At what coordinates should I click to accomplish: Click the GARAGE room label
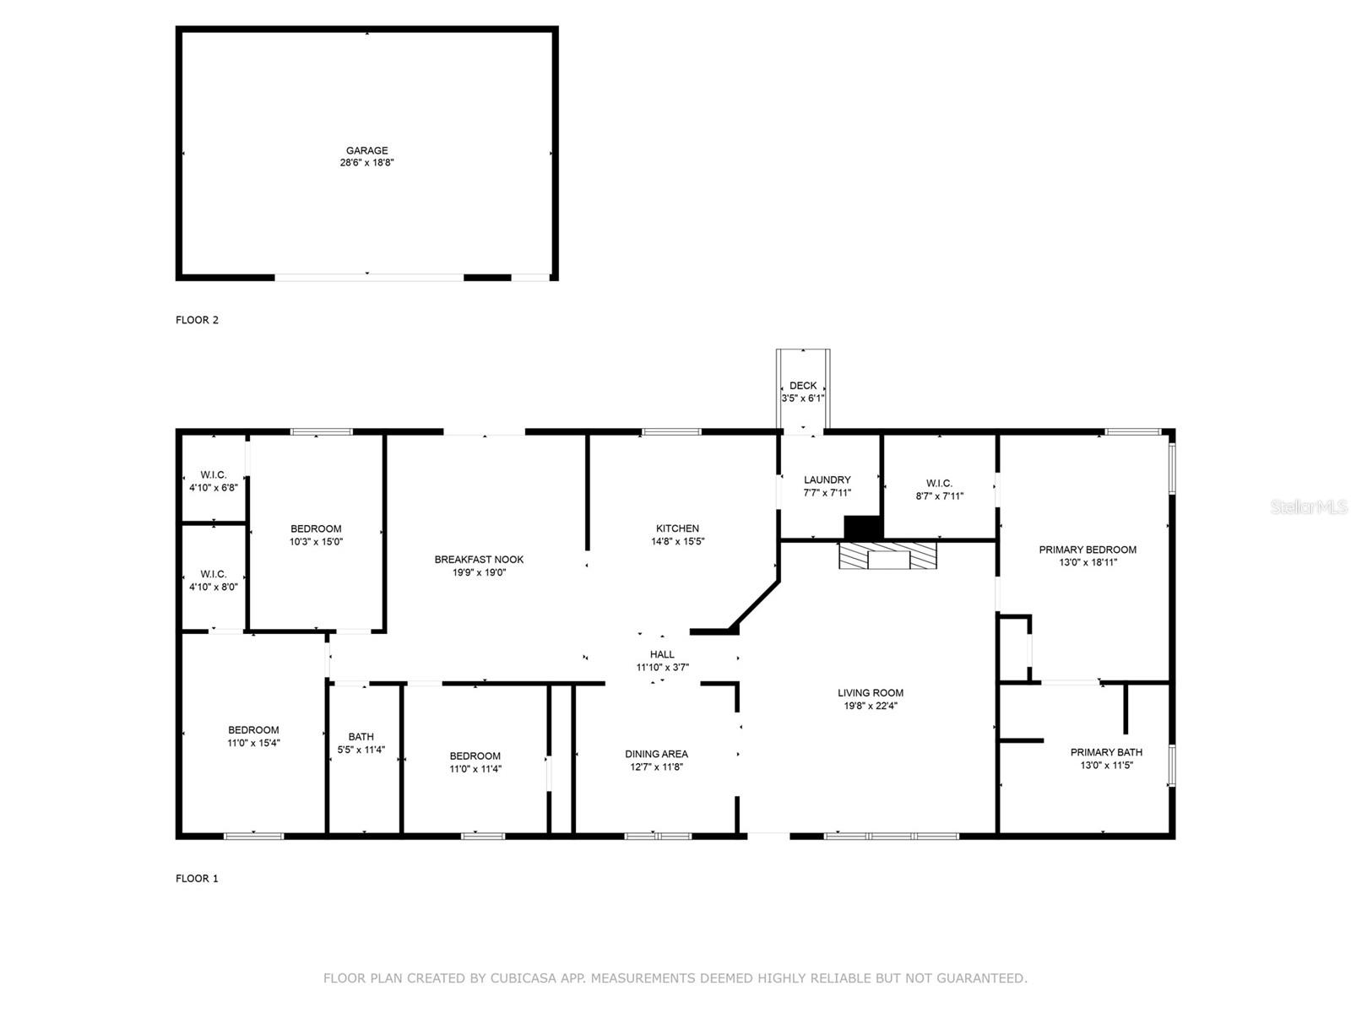click(366, 150)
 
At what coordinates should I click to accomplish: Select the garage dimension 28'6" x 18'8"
click(366, 163)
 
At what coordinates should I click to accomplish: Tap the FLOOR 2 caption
click(197, 320)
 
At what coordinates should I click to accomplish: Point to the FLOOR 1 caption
click(197, 879)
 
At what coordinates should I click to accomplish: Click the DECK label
click(803, 386)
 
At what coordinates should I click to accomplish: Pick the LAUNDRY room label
click(827, 479)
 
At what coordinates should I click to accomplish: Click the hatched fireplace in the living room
click(887, 556)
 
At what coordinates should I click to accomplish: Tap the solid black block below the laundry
click(863, 528)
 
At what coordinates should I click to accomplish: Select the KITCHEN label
click(677, 528)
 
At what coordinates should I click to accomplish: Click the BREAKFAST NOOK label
click(479, 559)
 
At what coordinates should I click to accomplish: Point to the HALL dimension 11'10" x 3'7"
click(662, 668)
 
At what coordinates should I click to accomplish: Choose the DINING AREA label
click(656, 754)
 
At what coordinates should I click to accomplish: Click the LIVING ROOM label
click(870, 693)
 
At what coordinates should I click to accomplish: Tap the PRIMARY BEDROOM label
click(1088, 550)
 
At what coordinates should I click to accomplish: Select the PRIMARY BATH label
click(1106, 752)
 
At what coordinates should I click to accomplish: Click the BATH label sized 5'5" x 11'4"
click(361, 737)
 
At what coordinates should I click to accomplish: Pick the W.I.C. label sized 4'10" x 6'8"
click(213, 474)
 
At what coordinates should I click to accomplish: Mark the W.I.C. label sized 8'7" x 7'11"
click(939, 484)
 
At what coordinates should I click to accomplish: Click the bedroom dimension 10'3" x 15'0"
click(316, 542)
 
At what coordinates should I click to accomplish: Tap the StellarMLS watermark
click(1308, 507)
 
